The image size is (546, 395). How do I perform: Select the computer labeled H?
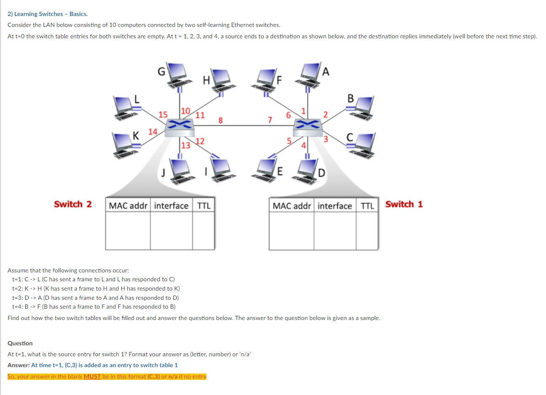click(x=223, y=81)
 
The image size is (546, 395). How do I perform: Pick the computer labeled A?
click(x=308, y=75)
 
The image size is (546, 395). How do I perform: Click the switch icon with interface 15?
click(x=179, y=128)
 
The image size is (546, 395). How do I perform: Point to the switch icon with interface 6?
click(x=308, y=128)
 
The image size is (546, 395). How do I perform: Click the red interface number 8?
click(x=220, y=120)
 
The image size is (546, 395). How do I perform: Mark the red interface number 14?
click(x=153, y=131)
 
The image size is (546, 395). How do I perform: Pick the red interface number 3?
click(x=325, y=139)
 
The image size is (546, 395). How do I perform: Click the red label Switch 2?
click(x=73, y=204)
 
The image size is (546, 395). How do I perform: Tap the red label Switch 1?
click(x=404, y=204)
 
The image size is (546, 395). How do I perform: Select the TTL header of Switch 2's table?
click(x=204, y=206)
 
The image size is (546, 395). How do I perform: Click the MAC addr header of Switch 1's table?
click(x=292, y=206)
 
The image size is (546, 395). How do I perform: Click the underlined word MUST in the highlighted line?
click(x=92, y=376)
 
